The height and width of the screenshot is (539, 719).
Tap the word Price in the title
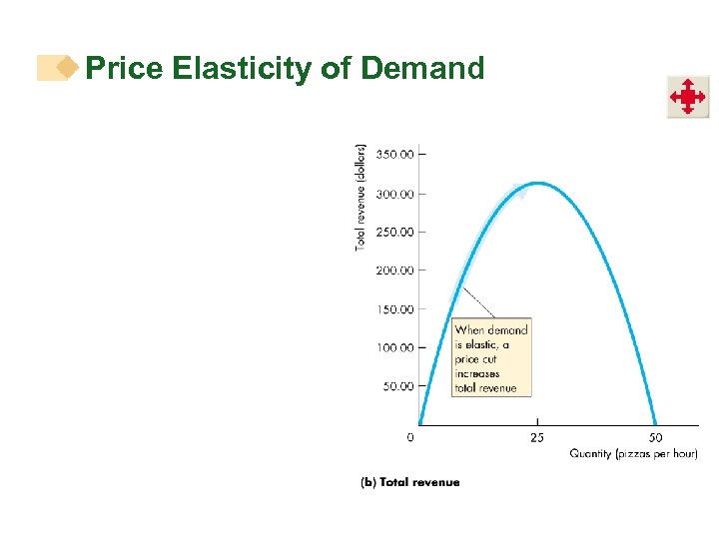(126, 68)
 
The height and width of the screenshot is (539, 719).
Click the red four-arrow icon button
(687, 97)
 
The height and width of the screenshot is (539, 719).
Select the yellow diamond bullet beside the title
(67, 68)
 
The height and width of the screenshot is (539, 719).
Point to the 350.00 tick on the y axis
(395, 155)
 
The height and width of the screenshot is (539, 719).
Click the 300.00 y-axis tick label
(395, 194)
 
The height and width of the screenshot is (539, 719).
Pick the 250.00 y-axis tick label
(395, 232)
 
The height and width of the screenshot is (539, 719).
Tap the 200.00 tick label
(395, 270)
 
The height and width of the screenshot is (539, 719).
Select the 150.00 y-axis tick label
(395, 309)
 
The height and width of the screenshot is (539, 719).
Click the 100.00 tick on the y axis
(395, 347)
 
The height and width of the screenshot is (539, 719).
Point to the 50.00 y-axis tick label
(398, 386)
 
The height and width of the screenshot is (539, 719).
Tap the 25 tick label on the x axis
(537, 437)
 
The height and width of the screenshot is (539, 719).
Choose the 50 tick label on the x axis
(655, 437)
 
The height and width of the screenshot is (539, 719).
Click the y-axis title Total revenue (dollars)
(360, 195)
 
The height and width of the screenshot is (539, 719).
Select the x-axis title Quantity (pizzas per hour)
(633, 454)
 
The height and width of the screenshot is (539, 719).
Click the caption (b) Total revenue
(409, 482)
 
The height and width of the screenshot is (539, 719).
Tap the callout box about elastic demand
(491, 358)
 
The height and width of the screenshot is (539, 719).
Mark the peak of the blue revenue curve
(537, 183)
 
